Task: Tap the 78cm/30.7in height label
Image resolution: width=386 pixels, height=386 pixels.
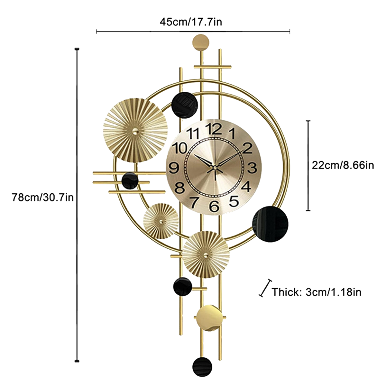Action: [x=43, y=197]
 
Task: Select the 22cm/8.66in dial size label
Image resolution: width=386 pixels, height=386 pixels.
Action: [x=343, y=165]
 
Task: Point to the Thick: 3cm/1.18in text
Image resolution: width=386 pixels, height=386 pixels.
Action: [x=317, y=292]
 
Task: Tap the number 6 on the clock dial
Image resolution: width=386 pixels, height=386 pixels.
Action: [x=214, y=206]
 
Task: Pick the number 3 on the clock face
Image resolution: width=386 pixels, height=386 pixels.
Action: [x=253, y=168]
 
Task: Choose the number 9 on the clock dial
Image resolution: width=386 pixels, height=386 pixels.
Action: [x=174, y=168]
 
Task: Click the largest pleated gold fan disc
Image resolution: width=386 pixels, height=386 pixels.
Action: [x=135, y=129]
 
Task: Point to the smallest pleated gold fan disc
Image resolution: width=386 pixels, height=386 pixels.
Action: [x=161, y=221]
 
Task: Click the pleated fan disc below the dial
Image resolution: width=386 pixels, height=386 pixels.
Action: [x=206, y=254]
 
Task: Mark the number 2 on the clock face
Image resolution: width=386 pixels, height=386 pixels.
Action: [x=247, y=148]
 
